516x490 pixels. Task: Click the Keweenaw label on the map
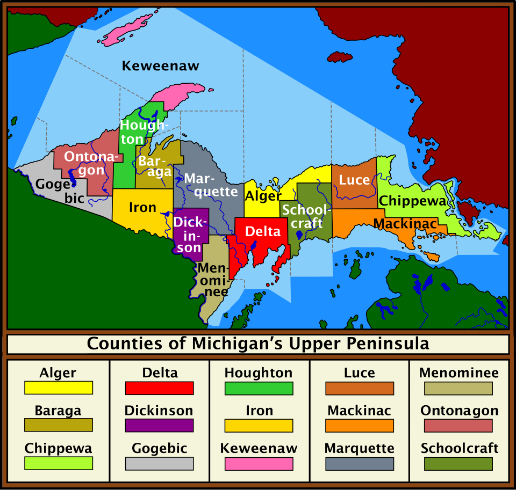(160, 66)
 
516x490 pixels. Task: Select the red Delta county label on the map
(263, 231)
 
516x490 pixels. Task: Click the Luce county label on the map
(354, 180)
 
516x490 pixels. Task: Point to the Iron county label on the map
(142, 207)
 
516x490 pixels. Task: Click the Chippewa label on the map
(413, 201)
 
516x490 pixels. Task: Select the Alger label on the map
(263, 196)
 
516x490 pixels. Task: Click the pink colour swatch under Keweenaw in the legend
(259, 463)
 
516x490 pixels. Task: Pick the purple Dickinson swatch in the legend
(159, 426)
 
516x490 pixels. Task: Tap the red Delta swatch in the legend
(159, 388)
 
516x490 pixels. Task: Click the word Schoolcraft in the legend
(460, 448)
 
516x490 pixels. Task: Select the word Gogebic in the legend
(159, 448)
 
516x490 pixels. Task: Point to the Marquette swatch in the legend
(359, 463)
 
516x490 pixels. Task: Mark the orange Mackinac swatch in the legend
(359, 426)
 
